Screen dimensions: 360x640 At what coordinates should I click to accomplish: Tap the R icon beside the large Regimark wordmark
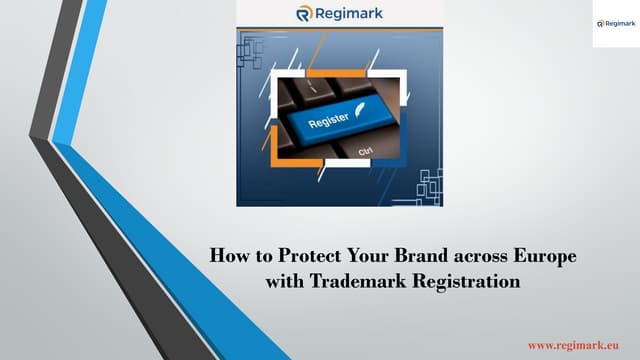click(x=306, y=13)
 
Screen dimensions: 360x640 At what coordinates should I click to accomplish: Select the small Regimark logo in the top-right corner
click(x=611, y=23)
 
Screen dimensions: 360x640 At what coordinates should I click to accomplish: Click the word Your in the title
click(x=361, y=256)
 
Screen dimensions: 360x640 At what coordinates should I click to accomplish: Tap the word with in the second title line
click(x=282, y=282)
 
